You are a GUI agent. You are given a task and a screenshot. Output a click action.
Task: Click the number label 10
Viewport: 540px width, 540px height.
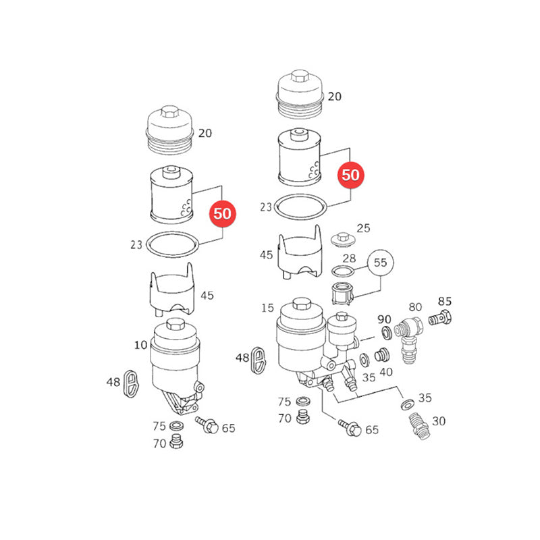pos(140,345)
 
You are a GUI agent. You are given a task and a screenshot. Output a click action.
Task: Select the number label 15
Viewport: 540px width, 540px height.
pos(267,308)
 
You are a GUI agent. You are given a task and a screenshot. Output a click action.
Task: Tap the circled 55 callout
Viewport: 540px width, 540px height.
pos(380,263)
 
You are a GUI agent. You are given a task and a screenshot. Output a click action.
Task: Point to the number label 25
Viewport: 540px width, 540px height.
pos(363,228)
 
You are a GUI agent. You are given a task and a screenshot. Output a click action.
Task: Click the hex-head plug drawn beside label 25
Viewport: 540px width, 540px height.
pos(343,240)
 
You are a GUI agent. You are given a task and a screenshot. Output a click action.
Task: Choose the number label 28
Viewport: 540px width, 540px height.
pos(349,258)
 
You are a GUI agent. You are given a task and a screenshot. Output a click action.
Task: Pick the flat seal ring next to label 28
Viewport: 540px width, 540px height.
pos(343,271)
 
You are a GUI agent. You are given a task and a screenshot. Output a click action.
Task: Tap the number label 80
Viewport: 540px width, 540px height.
pos(415,307)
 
